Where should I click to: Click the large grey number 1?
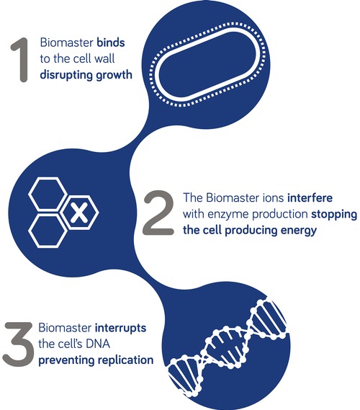click(x=22, y=60)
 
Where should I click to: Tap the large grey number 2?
click(x=159, y=213)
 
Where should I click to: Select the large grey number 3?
click(x=18, y=344)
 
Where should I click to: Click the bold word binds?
click(x=111, y=43)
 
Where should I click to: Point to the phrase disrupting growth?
click(x=86, y=75)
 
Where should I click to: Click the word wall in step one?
click(x=104, y=58)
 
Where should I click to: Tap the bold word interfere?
click(x=310, y=197)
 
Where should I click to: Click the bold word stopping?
click(x=334, y=215)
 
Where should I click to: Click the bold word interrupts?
click(x=120, y=328)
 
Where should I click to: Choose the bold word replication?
click(x=125, y=360)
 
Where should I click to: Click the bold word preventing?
click(x=66, y=360)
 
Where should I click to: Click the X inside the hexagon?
click(x=79, y=213)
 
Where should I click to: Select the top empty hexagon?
click(x=48, y=194)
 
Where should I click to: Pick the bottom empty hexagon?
click(x=48, y=231)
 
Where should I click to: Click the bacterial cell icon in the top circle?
click(x=207, y=64)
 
